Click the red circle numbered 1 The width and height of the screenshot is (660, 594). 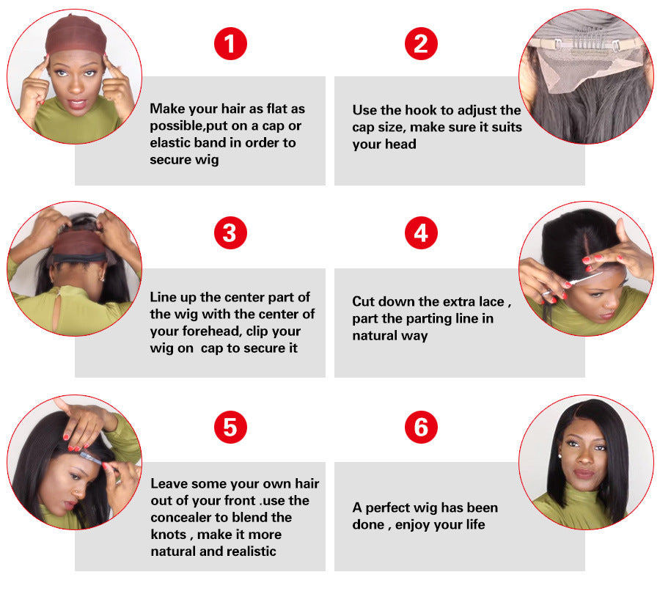click(230, 44)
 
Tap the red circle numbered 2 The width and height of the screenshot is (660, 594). click(421, 44)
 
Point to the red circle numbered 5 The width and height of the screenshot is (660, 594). click(230, 428)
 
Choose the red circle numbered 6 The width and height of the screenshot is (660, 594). click(421, 428)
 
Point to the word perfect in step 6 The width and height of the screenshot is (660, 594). click(389, 507)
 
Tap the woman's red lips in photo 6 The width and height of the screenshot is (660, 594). click(584, 474)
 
